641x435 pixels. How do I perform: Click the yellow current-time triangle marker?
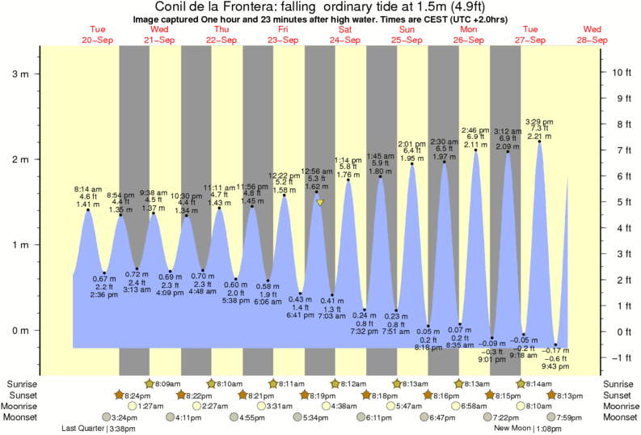tap(320, 203)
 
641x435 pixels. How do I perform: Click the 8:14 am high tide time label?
tap(87, 188)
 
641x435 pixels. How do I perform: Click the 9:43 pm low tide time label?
tap(555, 365)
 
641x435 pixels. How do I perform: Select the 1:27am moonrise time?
tap(164, 406)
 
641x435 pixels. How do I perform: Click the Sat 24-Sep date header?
tap(344, 35)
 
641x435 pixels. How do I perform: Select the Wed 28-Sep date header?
tap(592, 35)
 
